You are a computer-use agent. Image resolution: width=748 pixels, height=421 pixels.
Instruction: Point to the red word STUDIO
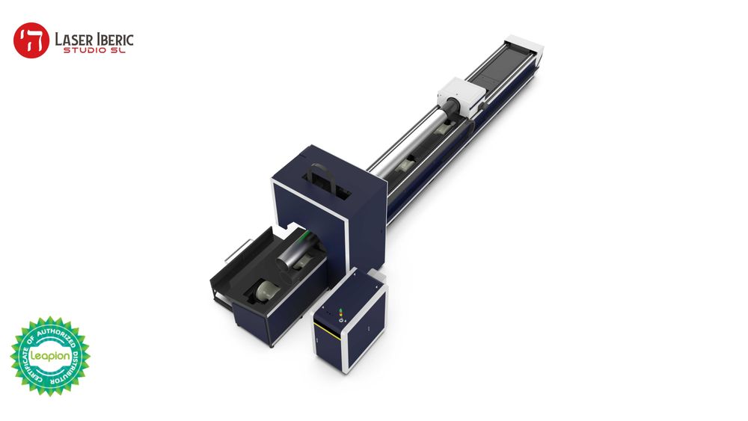coord(85,50)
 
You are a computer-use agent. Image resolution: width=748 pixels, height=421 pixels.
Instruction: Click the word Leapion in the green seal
coord(49,356)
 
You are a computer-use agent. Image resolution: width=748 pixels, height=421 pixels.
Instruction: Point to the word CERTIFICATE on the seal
coord(25,351)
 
